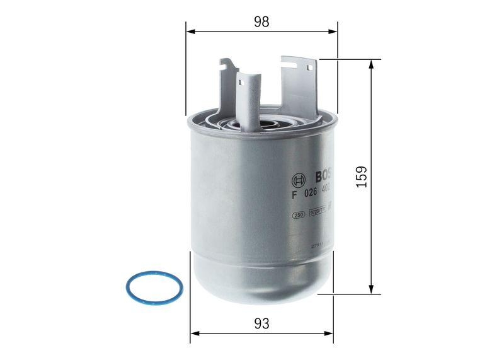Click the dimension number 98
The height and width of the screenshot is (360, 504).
pos(261,21)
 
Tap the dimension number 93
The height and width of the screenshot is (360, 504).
pos(262,323)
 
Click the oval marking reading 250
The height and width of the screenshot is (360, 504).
pos(299,215)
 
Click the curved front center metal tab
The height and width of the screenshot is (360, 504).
pos(248,101)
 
